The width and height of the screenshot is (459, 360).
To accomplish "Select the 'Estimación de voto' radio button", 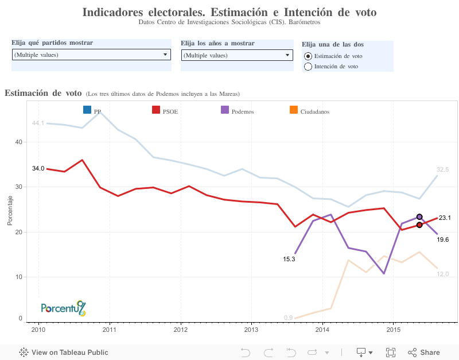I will pos(308,56).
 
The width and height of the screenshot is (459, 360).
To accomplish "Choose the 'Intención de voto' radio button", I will pos(308,67).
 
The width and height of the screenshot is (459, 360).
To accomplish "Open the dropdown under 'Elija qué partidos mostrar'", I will pos(91,55).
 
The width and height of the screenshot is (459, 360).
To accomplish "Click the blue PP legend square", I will pos(87,110).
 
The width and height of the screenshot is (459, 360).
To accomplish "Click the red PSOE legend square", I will pos(156,110).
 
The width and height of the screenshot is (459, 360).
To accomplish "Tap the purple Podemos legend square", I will pos(225,110).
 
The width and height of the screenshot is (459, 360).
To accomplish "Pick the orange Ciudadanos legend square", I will pos(294,110).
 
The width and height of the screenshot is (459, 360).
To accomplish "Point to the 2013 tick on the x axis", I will pos(251,330).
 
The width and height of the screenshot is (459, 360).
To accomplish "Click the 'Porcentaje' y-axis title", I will pos(10,210).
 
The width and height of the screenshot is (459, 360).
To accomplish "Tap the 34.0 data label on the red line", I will pos(38,168).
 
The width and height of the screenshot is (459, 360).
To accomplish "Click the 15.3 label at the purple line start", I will pos(289,259).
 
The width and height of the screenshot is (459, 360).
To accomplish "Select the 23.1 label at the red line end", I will pos(445,218).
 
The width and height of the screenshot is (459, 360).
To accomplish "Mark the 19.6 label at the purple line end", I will pos(442,239).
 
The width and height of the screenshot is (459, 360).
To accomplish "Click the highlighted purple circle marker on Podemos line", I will pos(419,217).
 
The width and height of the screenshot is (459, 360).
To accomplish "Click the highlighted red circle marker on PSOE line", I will pos(419,225).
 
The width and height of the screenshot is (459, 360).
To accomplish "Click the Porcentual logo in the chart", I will pos(63,308).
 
